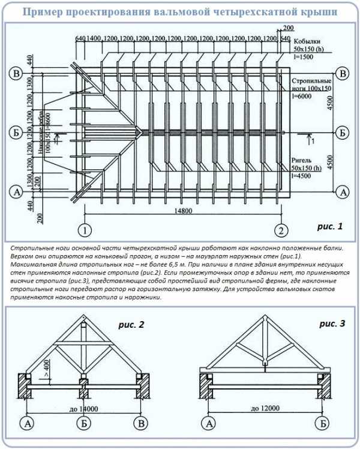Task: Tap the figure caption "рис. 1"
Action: click(329, 227)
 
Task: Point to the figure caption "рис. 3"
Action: click(332, 324)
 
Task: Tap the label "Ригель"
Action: click(302, 160)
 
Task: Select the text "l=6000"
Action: click(304, 97)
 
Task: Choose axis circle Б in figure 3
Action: click(323, 423)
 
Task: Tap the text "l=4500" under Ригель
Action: click(304, 176)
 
